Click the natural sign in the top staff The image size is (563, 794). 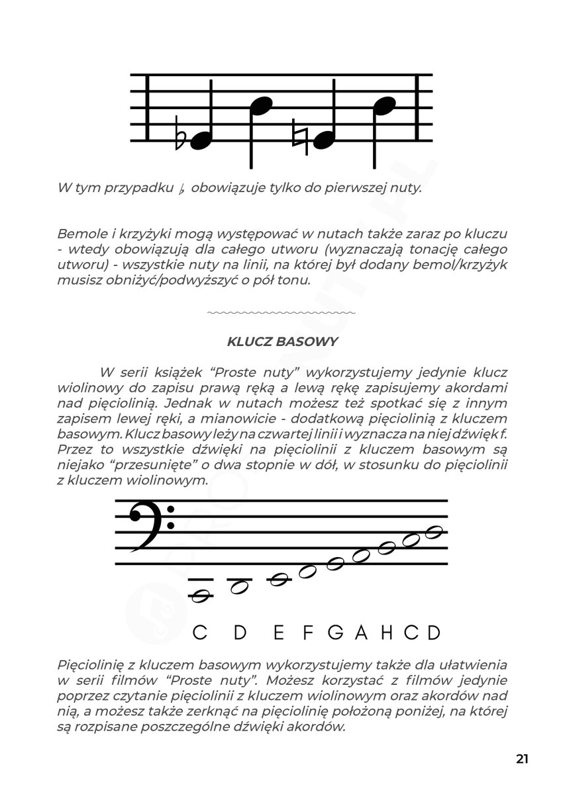tap(299, 137)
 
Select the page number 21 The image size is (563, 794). tap(522, 758)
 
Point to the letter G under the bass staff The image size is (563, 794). tap(336, 633)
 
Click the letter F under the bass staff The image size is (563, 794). tap(307, 633)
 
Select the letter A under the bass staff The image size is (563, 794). tap(361, 633)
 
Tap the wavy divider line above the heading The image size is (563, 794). tap(281, 311)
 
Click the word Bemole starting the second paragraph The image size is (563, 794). tap(79, 235)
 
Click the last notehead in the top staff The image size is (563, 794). tap(384, 105)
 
